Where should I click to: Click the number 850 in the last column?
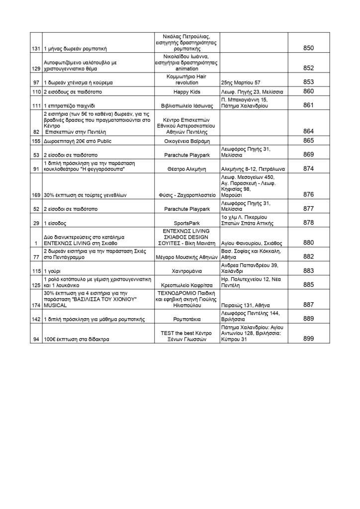[x=308, y=48]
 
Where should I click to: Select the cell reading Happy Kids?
[x=187, y=92]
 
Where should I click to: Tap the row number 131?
[x=36, y=49]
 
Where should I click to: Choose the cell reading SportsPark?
[x=187, y=224]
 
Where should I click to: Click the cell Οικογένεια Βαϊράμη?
[x=187, y=142]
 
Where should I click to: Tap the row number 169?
[x=36, y=195]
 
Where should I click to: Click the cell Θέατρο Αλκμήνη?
[x=187, y=169]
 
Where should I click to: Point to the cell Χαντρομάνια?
[x=187, y=271]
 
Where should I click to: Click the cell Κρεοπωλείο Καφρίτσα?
[x=187, y=285]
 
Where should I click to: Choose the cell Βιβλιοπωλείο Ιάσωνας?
[x=187, y=106]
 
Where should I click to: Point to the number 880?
[x=308, y=243]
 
